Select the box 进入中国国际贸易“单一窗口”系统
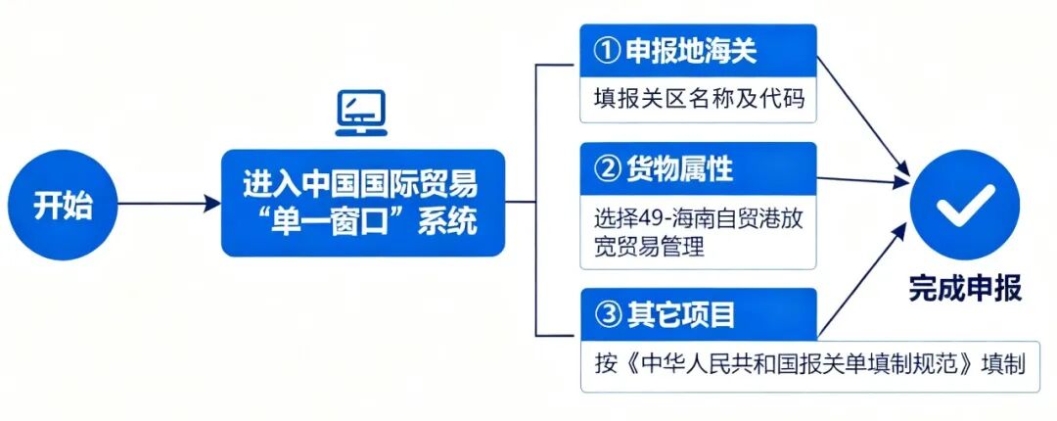(x=361, y=203)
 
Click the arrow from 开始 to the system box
(x=166, y=204)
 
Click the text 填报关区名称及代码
(x=699, y=100)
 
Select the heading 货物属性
(x=678, y=169)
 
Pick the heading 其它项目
(x=678, y=315)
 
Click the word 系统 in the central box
(x=448, y=221)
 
